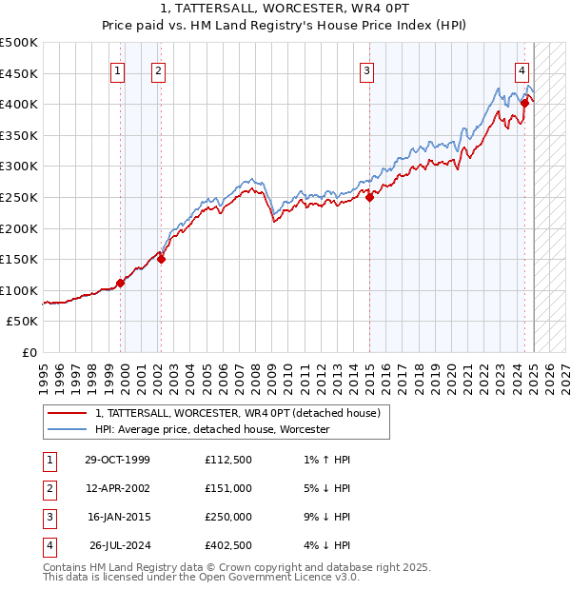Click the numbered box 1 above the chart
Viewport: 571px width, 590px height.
pyautogui.click(x=117, y=69)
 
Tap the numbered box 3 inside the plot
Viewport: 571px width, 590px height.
pyautogui.click(x=366, y=69)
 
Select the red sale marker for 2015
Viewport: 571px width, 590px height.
pyautogui.click(x=369, y=197)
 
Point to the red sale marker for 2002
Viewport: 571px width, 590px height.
pyautogui.click(x=161, y=258)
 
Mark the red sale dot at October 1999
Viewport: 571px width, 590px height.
pyautogui.click(x=121, y=283)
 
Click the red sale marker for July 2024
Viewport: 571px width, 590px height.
pyautogui.click(x=524, y=102)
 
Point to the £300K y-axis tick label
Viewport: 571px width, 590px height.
pyautogui.click(x=19, y=167)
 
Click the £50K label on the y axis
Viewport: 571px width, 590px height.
pyautogui.click(x=23, y=322)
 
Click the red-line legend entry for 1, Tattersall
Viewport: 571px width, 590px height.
pyautogui.click(x=238, y=413)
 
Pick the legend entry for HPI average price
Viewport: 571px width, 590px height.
pyautogui.click(x=212, y=429)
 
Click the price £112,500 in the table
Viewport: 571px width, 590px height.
pyautogui.click(x=228, y=460)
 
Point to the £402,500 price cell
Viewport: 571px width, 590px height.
pyautogui.click(x=228, y=545)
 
